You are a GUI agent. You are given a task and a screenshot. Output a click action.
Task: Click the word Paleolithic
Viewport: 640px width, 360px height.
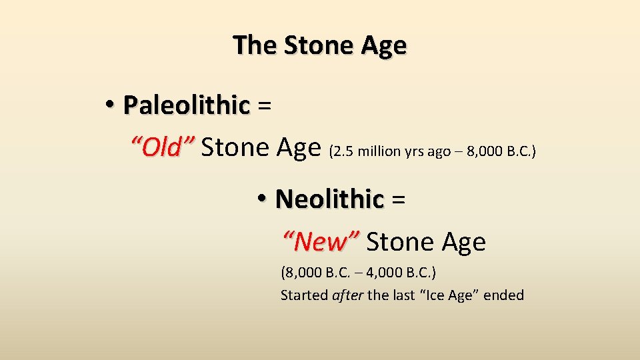[x=186, y=105]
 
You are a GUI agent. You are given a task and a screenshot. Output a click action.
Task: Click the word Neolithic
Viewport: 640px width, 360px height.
[x=329, y=199]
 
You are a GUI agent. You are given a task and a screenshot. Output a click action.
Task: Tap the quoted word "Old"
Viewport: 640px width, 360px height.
[x=162, y=147]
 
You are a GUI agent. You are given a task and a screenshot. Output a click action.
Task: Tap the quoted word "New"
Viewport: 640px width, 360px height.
[x=321, y=242]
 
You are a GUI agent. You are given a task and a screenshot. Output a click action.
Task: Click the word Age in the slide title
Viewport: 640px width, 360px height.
[x=383, y=45]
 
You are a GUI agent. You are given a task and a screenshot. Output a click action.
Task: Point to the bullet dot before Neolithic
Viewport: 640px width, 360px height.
[x=263, y=199]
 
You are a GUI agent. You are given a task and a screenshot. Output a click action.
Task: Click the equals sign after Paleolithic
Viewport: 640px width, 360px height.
[x=264, y=105]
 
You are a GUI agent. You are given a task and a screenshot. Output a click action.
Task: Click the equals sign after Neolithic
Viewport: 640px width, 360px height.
[x=399, y=199]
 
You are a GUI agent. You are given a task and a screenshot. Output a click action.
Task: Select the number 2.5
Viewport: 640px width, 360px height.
[x=343, y=151]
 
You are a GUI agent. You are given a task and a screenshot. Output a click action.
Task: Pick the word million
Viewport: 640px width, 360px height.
[x=379, y=151]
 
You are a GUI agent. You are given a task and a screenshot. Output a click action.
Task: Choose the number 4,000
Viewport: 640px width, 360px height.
[x=367, y=273]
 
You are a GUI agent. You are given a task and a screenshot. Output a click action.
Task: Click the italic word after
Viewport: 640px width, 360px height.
[x=347, y=295]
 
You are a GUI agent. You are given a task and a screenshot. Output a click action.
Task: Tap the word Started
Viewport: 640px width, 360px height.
[x=304, y=295]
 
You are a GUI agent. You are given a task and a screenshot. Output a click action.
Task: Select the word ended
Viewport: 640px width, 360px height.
[x=504, y=295]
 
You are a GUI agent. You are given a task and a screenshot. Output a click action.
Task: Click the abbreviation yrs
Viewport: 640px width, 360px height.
[x=413, y=151]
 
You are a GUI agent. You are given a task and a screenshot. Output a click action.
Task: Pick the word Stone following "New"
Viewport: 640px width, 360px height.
[x=397, y=242]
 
